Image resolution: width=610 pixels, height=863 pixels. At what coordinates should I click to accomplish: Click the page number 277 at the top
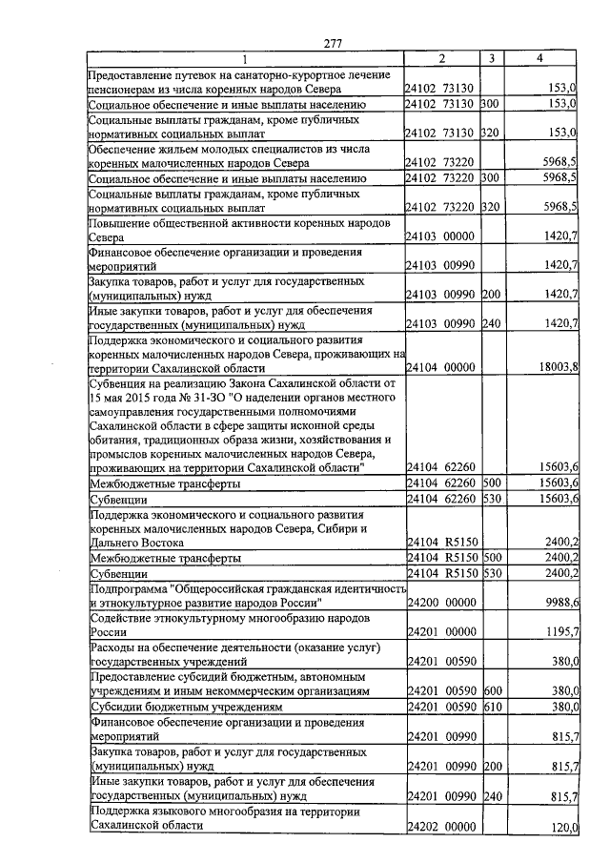click(x=333, y=42)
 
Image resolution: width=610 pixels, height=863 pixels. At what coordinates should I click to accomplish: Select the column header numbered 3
click(x=490, y=59)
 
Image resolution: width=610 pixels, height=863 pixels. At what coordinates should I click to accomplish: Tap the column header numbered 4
click(x=539, y=59)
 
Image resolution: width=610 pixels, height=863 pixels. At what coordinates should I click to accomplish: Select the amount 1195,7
click(x=559, y=633)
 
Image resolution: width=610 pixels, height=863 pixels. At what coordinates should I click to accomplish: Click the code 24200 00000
click(x=440, y=604)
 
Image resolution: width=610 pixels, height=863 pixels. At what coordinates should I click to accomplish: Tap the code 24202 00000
click(x=440, y=828)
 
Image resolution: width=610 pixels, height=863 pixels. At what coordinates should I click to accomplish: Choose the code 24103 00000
click(x=440, y=235)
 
